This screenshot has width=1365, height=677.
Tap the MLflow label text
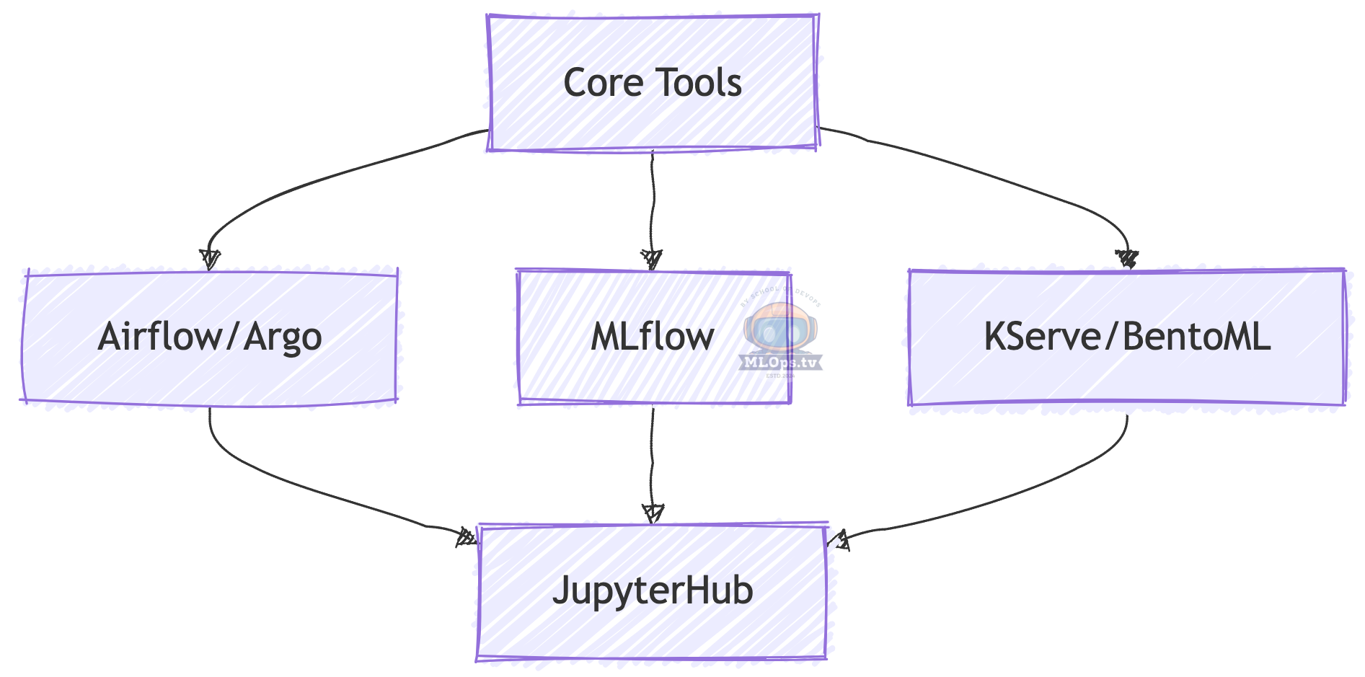pos(652,337)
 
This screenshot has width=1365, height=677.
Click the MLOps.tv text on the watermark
pos(781,363)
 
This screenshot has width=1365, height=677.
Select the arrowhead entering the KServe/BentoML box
pos(1127,259)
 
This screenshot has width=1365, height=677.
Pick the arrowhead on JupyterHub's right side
pos(839,539)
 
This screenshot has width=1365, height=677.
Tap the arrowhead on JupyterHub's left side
pos(467,537)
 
